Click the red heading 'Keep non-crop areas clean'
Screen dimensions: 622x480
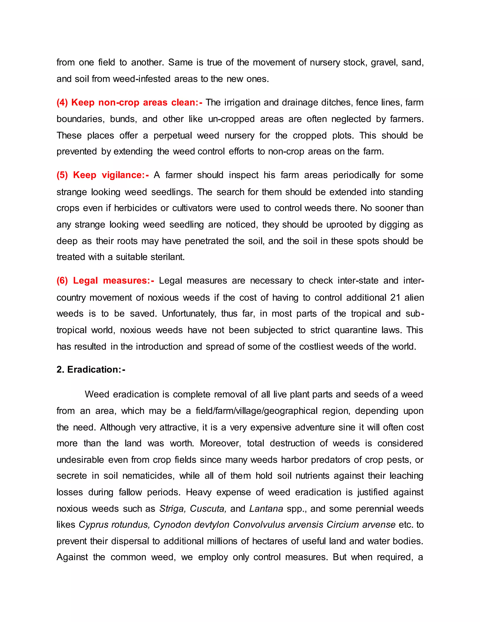[x=129, y=103]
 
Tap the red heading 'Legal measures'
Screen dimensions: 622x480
[x=113, y=280]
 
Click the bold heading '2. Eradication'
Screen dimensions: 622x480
[x=91, y=369]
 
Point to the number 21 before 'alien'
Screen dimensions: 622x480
[x=395, y=298]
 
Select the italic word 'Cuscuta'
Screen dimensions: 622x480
[x=208, y=509]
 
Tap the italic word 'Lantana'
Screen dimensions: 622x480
[x=266, y=509]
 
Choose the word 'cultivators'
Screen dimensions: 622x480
[x=192, y=208]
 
